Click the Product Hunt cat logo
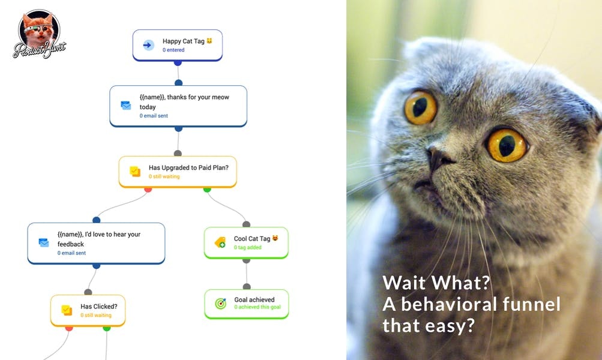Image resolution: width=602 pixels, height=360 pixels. coord(39,33)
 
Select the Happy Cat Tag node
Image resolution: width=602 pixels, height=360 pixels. coord(178,45)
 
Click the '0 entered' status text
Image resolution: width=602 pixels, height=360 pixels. coord(173,50)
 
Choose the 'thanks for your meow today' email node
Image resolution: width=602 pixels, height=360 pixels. coord(178,106)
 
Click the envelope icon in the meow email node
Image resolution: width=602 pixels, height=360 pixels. coord(125,105)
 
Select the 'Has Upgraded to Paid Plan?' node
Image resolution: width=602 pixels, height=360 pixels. coord(178,172)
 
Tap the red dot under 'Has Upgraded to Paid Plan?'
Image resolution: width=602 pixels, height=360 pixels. coord(148,190)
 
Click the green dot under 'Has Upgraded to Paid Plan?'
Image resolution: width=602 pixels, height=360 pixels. coord(207,190)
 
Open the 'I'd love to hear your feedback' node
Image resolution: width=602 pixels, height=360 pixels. coord(96,243)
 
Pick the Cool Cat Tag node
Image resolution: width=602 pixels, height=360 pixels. coord(246,242)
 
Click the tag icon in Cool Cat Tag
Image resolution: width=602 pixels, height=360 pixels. coord(220,242)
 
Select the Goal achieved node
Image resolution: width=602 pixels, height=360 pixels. coord(246,304)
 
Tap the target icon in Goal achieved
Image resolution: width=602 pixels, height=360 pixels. coord(220,304)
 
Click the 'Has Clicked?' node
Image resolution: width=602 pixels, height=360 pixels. coord(88,310)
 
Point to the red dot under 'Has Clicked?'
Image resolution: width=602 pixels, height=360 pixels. coord(69,328)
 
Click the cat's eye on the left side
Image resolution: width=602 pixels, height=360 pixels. coord(420,108)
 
